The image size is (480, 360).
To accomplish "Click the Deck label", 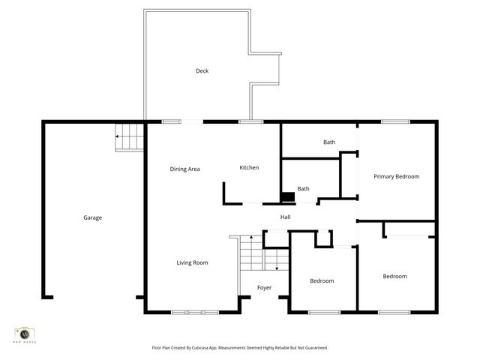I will click(x=202, y=71).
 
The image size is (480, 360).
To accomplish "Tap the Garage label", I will click(x=92, y=217).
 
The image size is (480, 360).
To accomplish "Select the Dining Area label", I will click(x=184, y=169).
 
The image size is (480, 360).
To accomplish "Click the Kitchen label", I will click(x=249, y=167).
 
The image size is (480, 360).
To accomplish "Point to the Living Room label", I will click(x=192, y=262).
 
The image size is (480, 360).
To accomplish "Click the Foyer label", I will click(x=264, y=287).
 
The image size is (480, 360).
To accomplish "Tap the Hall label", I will click(x=285, y=217).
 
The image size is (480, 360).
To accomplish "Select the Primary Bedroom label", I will click(x=396, y=176).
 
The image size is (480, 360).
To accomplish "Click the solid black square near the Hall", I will click(x=287, y=197).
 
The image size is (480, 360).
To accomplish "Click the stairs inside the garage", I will click(x=128, y=138).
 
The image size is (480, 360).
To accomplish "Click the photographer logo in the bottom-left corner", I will click(x=25, y=334).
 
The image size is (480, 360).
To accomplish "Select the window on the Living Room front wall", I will click(x=196, y=312).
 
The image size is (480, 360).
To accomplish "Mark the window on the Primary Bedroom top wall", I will click(x=395, y=121).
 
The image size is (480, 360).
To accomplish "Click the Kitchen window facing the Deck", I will click(x=250, y=121).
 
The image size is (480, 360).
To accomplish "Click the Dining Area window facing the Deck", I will click(x=172, y=121).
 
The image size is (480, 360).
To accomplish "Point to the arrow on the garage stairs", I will click(x=118, y=137).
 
